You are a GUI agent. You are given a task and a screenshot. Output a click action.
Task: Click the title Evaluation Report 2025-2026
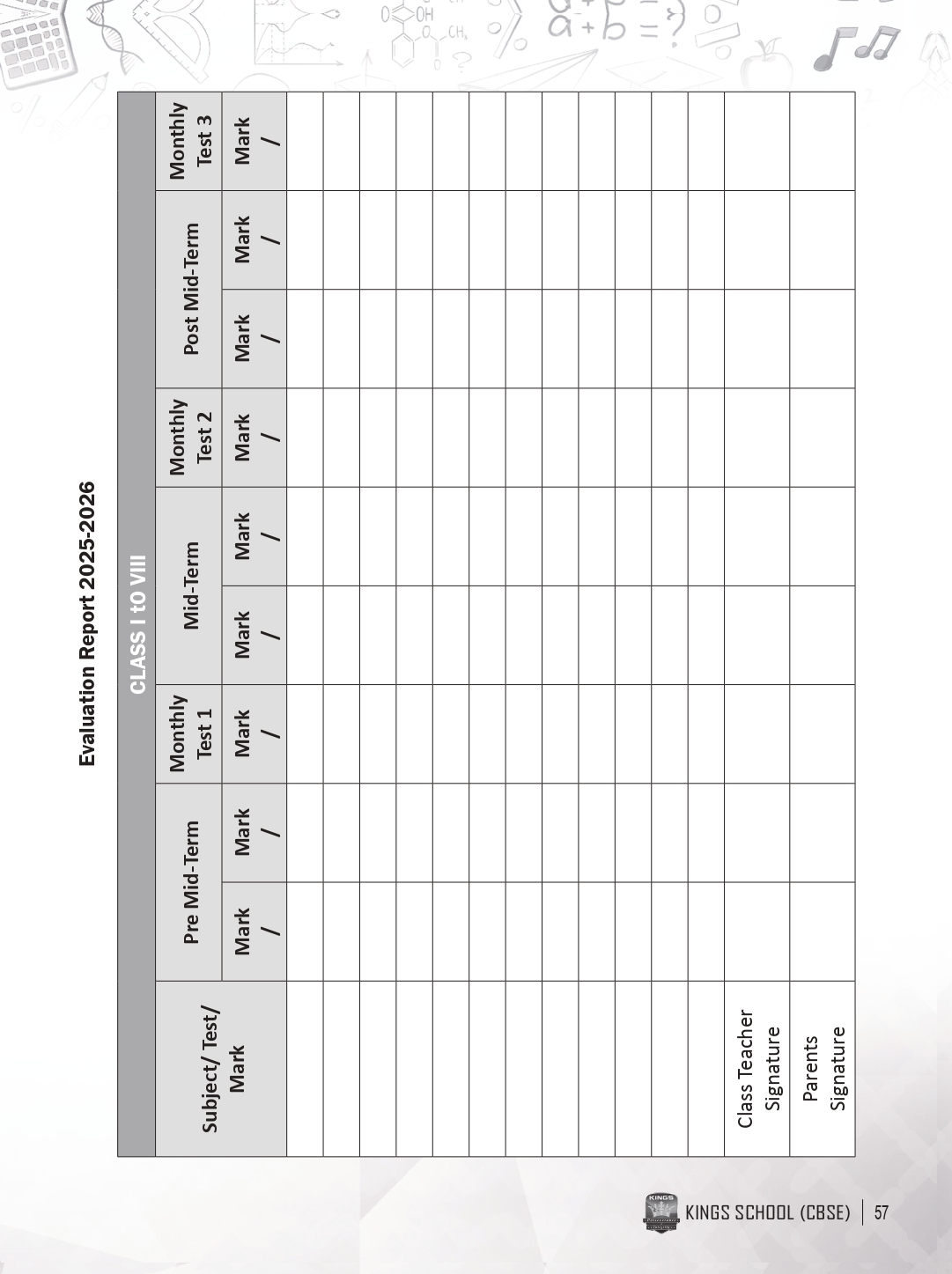click(x=87, y=623)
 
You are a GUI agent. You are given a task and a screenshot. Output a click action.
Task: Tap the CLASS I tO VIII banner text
click(x=137, y=623)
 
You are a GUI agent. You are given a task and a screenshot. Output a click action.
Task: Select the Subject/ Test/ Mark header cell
click(x=222, y=1068)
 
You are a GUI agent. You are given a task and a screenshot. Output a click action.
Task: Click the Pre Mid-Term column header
click(x=190, y=881)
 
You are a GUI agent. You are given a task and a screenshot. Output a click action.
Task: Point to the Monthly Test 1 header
click(x=190, y=733)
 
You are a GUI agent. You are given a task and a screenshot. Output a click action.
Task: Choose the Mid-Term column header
click(x=190, y=585)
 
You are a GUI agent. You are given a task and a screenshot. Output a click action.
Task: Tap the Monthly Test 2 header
click(x=190, y=438)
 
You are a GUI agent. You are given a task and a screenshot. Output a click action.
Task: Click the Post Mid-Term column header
click(x=190, y=290)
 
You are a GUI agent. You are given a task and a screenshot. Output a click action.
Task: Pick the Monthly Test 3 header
click(x=190, y=142)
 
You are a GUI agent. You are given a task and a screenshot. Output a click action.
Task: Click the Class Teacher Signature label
click(x=757, y=1068)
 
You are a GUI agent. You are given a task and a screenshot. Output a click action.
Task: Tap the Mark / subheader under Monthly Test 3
click(x=255, y=142)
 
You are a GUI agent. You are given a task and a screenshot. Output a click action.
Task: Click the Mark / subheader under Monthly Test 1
click(x=255, y=733)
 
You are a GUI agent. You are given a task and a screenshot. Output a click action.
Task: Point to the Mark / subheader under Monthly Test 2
click(x=255, y=438)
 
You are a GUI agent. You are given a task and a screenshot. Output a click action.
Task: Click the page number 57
click(x=882, y=1213)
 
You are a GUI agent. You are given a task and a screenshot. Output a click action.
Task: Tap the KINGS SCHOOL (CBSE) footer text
click(x=768, y=1213)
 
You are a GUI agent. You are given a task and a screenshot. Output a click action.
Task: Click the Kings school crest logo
click(x=661, y=1212)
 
